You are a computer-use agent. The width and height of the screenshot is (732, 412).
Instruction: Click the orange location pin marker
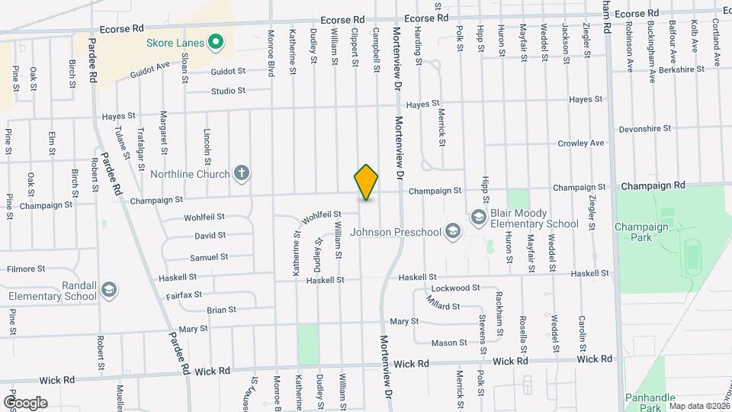pos(366,182)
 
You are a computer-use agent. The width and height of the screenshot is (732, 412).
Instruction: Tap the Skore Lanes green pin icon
pos(215,43)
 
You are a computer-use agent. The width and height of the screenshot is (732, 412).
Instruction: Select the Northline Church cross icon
pos(242,174)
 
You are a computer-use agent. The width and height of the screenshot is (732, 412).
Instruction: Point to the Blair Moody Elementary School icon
pos(479,218)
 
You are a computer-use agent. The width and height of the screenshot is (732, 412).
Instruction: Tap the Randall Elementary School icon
pos(108,290)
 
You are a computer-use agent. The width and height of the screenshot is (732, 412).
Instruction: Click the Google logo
pos(25,402)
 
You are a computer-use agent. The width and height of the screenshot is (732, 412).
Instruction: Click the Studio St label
pos(229,91)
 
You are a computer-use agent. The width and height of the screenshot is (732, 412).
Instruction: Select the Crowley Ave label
pos(581,143)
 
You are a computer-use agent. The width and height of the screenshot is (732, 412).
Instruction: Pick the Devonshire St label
pos(645,129)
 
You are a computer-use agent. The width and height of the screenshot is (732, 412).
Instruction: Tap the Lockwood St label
pos(454,288)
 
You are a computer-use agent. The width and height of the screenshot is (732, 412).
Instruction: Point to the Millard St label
pos(445,306)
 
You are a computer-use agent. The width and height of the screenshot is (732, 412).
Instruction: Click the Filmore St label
pos(27,269)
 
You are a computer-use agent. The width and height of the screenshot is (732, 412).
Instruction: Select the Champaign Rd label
pos(653,185)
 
